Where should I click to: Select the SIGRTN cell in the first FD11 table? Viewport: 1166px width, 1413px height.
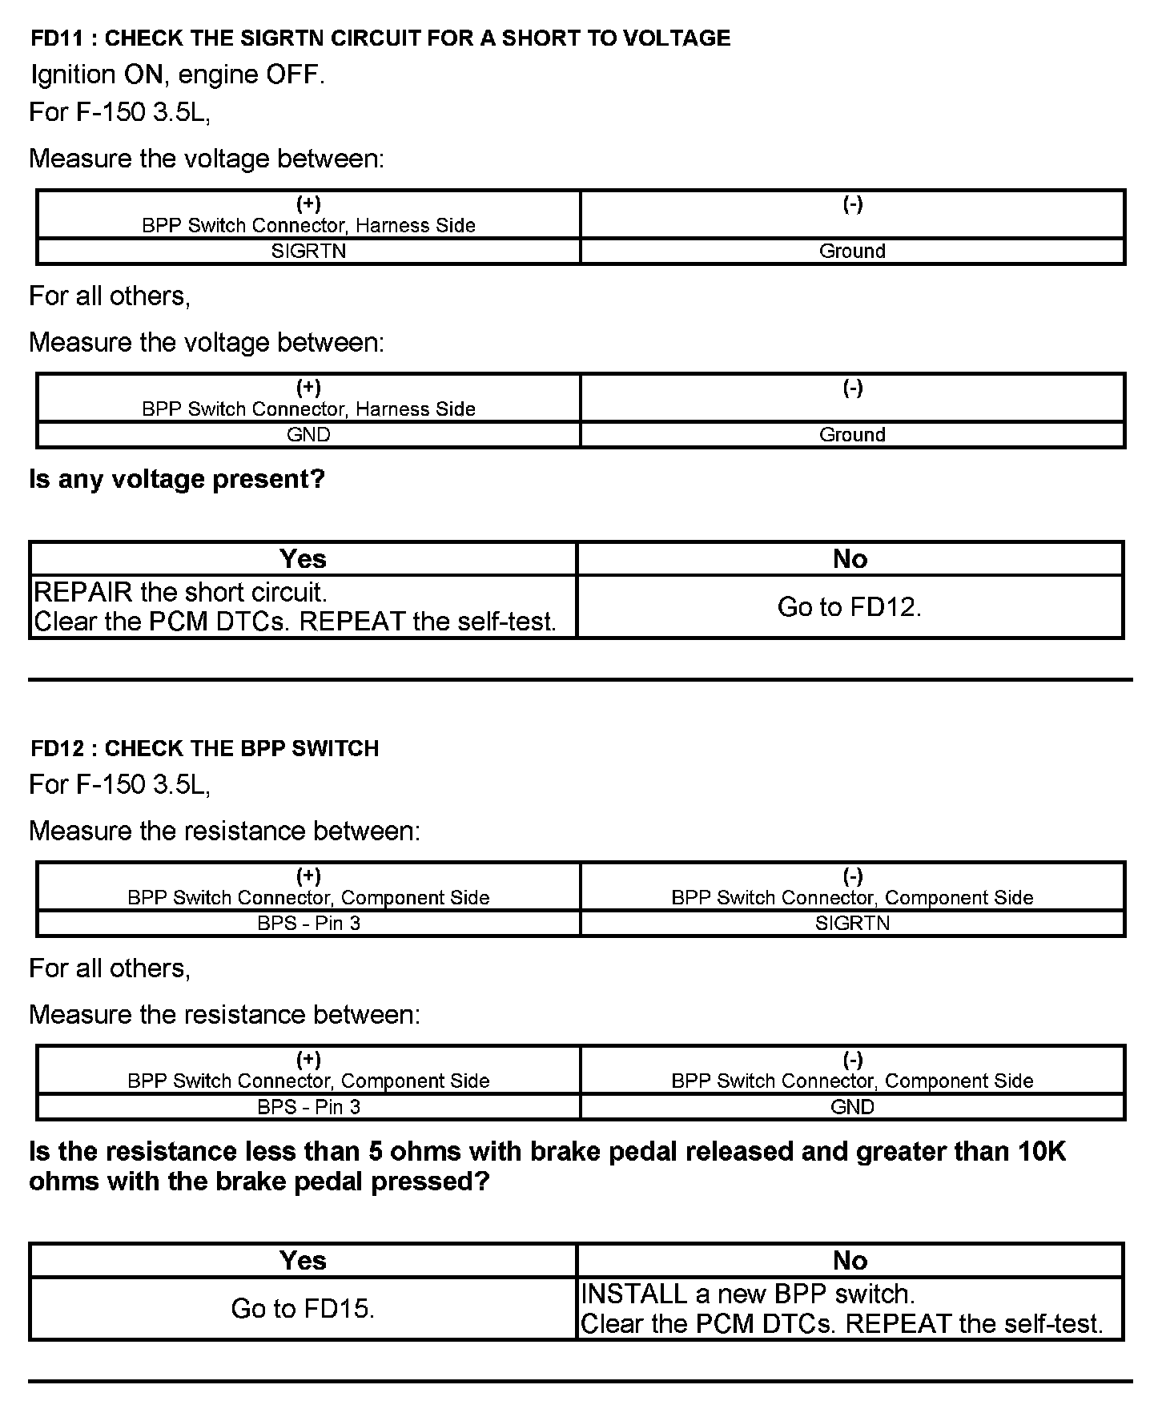pyautogui.click(x=308, y=251)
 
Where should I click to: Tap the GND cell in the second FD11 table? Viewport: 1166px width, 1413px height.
pyautogui.click(x=308, y=434)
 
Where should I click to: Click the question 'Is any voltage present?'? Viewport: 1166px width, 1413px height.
pyautogui.click(x=177, y=479)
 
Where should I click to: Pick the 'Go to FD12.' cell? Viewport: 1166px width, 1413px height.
pyautogui.click(x=850, y=607)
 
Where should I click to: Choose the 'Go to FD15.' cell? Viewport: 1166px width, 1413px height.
pyautogui.click(x=303, y=1308)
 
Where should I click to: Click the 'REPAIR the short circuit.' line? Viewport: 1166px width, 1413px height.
pyautogui.click(x=181, y=593)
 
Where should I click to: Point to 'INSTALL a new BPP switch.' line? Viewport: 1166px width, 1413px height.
pyautogui.click(x=748, y=1294)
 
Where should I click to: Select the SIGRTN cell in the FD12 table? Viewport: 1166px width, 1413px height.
pyautogui.click(x=852, y=923)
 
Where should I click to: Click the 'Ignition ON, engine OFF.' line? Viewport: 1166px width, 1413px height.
pyautogui.click(x=178, y=74)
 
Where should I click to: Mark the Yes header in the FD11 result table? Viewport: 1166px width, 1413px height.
pyautogui.click(x=303, y=558)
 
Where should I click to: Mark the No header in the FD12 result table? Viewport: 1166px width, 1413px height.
pyautogui.click(x=850, y=1260)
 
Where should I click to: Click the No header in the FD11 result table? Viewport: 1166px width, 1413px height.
pyautogui.click(x=850, y=558)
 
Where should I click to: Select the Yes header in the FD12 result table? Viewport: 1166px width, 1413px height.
pyautogui.click(x=303, y=1260)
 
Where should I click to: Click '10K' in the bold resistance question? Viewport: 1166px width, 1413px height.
pyautogui.click(x=1042, y=1152)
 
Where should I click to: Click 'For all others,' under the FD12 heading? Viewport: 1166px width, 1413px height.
pyautogui.click(x=110, y=968)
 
